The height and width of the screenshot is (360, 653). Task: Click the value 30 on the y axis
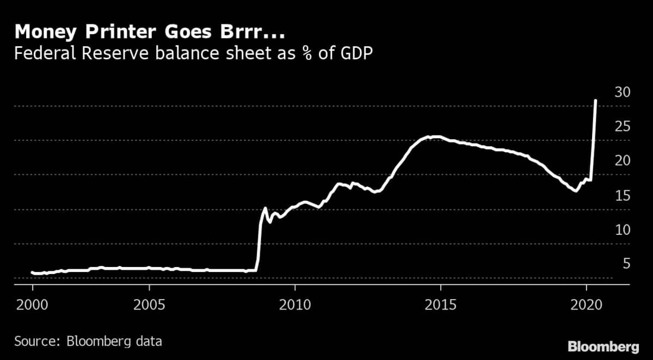(623, 92)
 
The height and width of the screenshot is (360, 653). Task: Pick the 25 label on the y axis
(623, 127)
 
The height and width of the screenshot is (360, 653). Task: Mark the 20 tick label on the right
(623, 161)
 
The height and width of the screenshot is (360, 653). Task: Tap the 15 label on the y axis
(623, 195)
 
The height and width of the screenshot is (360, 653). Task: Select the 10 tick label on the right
(623, 229)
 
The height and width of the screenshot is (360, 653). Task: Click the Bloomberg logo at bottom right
(603, 346)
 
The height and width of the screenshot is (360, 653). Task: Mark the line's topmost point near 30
(595, 101)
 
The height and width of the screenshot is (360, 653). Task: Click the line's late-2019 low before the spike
(575, 191)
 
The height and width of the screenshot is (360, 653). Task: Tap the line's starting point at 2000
(33, 272)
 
